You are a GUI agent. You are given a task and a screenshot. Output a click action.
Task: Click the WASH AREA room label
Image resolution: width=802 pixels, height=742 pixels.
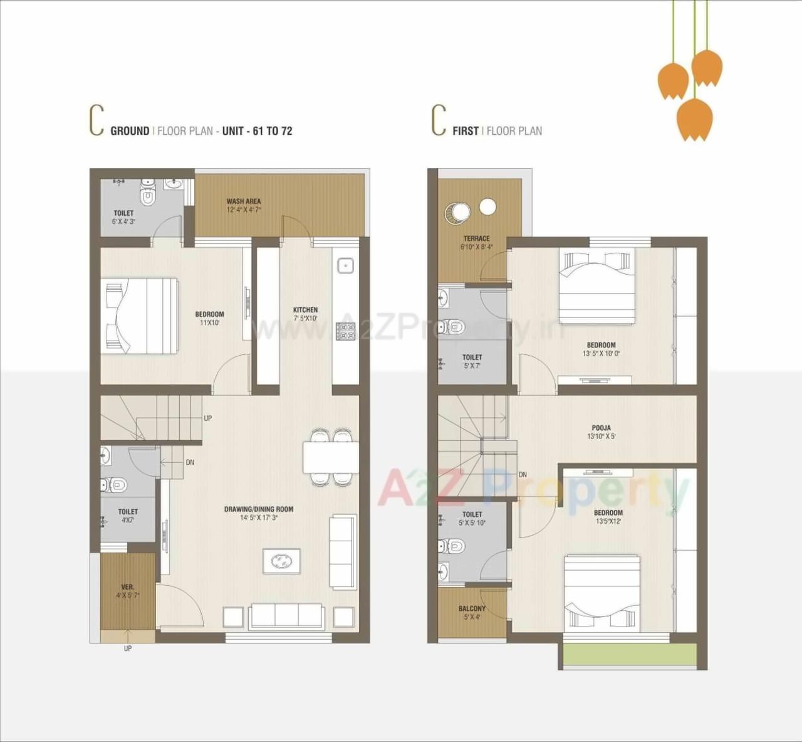tap(244, 201)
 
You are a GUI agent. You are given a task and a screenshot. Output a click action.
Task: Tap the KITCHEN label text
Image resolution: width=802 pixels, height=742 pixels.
tap(305, 310)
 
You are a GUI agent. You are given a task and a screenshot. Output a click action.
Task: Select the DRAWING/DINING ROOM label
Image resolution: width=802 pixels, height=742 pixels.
tap(259, 509)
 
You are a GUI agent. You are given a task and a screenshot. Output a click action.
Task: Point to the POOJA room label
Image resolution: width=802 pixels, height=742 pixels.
tap(601, 428)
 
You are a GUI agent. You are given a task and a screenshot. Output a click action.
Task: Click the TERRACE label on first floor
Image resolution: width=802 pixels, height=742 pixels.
tap(476, 238)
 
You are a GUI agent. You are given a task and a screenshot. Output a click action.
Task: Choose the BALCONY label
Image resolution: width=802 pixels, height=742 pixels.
tap(472, 608)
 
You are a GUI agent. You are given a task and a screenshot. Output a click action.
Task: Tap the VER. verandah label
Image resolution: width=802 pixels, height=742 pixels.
tap(127, 587)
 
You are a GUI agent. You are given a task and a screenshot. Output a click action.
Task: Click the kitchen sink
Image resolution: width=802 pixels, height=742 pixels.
tap(345, 266)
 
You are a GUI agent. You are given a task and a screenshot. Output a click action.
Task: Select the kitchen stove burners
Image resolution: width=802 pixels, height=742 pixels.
tap(345, 331)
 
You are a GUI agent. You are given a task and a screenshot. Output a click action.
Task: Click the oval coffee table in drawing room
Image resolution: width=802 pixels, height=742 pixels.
tap(281, 561)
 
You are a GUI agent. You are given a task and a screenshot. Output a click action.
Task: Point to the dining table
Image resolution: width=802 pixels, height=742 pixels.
tap(331, 457)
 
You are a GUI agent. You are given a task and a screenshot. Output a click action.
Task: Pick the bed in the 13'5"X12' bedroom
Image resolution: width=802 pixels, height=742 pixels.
tap(601, 593)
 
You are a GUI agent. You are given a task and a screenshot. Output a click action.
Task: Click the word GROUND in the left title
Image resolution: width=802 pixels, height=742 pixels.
tap(130, 131)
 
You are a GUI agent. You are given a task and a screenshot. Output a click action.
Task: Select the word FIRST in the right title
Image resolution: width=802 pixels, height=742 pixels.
tap(465, 131)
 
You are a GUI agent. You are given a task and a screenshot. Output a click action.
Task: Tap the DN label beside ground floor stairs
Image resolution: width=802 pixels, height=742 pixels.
tap(190, 462)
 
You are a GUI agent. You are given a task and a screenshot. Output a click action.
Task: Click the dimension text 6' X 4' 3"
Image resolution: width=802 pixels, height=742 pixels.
tap(123, 221)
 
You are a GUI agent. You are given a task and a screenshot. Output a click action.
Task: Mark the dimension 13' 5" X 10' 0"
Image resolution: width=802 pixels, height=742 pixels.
tap(601, 354)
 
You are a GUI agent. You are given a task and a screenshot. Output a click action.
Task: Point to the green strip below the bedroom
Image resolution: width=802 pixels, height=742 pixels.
tap(629, 654)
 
